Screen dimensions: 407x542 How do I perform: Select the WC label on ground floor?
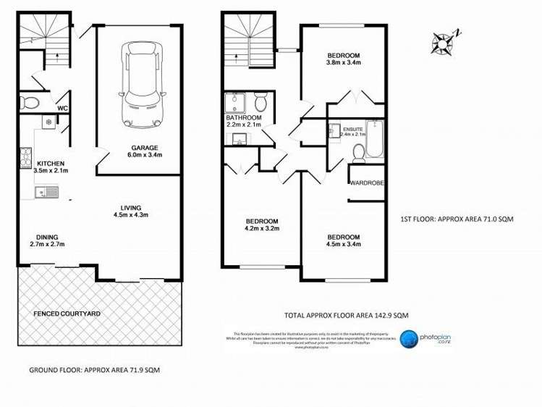[62, 109]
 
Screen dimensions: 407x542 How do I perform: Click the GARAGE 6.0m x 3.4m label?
[145, 151]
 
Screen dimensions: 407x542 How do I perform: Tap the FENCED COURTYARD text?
[67, 314]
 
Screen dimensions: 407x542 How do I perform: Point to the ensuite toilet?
[358, 151]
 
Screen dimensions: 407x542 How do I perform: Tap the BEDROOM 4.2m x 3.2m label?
[261, 225]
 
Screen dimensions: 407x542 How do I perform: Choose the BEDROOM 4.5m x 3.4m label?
[343, 240]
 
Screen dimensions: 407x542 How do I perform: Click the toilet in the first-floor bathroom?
[261, 104]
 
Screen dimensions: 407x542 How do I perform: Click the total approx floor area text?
[347, 315]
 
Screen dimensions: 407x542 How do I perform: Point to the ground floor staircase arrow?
[56, 51]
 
